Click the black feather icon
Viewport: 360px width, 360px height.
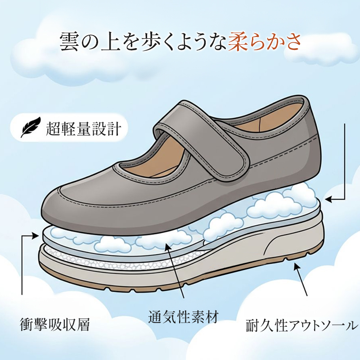30,128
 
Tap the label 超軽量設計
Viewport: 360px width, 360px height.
83,129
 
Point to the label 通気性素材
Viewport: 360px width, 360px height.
183,317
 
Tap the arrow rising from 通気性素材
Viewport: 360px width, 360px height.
175,270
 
